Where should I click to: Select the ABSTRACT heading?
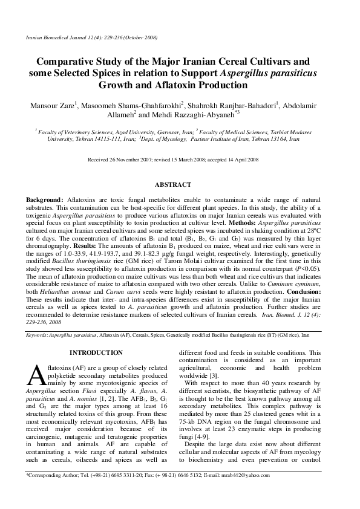[x=174, y=184]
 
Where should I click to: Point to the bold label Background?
[x=44, y=199]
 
